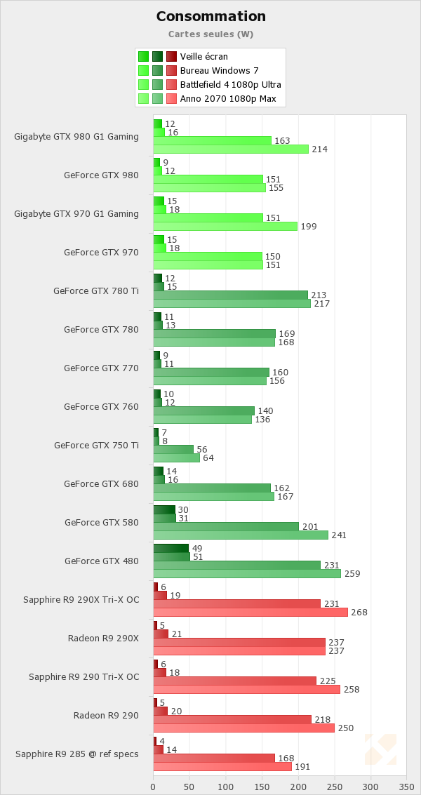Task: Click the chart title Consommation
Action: tap(210, 16)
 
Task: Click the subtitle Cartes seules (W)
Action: tap(210, 34)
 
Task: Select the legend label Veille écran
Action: tap(203, 56)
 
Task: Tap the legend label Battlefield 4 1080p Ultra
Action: tap(230, 84)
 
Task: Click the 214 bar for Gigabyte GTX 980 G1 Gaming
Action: tap(231, 149)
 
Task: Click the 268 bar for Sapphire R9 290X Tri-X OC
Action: tap(250, 612)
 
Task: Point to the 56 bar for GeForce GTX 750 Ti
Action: tap(173, 449)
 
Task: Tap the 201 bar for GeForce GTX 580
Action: tap(226, 526)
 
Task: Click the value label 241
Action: tap(340, 535)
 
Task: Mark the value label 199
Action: tap(309, 226)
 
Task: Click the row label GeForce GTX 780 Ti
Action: tap(96, 290)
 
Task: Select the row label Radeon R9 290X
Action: tap(103, 638)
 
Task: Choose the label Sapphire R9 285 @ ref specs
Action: tap(76, 754)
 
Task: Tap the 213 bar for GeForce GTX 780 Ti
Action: tap(230, 295)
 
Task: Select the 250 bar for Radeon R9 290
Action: tap(244, 728)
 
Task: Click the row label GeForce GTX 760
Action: tap(101, 406)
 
